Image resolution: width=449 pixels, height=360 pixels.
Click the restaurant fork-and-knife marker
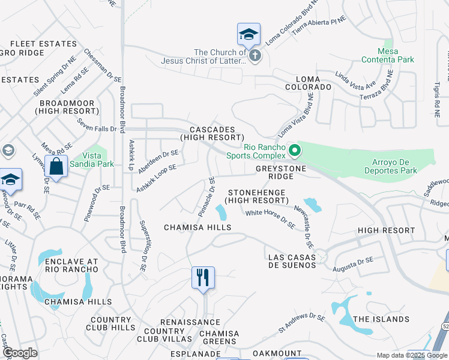(x=203, y=278)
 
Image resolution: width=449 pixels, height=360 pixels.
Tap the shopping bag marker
(x=56, y=166)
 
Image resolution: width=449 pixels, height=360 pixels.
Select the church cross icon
(x=255, y=56)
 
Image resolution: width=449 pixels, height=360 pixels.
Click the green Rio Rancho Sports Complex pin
(x=294, y=150)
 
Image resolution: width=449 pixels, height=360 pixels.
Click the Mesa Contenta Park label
(x=388, y=55)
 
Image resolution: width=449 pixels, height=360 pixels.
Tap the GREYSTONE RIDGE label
(x=281, y=173)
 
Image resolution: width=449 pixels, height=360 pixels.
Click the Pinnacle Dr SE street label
(x=206, y=197)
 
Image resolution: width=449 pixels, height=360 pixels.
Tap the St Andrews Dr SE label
(x=301, y=323)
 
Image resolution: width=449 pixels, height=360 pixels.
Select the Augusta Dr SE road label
(x=353, y=263)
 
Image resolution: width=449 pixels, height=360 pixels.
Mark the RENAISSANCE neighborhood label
(x=190, y=322)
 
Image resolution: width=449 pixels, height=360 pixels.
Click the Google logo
(x=20, y=353)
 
